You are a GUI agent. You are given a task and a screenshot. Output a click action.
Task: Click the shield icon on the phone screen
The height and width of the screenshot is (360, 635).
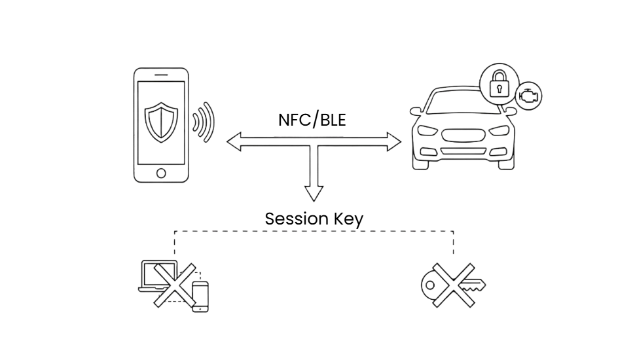tap(161, 122)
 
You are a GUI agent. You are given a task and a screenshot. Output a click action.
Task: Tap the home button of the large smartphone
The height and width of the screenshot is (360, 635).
tap(161, 173)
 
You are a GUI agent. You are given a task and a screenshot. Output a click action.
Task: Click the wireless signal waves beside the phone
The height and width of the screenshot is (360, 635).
tap(205, 122)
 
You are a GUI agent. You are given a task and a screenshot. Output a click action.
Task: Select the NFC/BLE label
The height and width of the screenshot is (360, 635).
tap(312, 120)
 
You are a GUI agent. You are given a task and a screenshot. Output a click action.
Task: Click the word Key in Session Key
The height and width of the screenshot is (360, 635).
tap(348, 219)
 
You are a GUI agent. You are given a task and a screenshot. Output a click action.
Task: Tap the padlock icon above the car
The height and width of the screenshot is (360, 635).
tap(499, 84)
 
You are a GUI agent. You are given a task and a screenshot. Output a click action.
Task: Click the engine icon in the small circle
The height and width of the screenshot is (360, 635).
tap(528, 97)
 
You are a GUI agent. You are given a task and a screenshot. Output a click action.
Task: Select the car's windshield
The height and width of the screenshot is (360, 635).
tap(462, 101)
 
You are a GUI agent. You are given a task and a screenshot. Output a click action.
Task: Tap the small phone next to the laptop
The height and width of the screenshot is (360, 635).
tap(200, 297)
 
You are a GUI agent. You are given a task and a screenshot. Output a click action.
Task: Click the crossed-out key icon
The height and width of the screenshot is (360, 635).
tap(454, 285)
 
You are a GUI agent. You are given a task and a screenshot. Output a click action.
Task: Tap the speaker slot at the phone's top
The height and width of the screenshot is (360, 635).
tap(161, 75)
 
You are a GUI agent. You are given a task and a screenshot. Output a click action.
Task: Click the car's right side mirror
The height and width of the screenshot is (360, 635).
tap(511, 112)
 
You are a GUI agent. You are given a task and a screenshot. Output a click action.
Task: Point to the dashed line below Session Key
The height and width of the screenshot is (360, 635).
tap(314, 231)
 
